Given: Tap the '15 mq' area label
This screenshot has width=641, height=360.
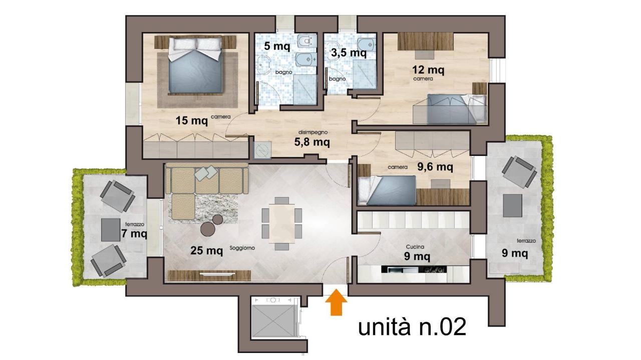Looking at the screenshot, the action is click(192, 120).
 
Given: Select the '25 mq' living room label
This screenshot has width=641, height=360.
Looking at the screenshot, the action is click(207, 250).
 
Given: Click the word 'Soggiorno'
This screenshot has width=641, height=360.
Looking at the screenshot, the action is click(242, 248).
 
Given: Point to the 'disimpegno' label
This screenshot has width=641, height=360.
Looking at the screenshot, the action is click(313, 132).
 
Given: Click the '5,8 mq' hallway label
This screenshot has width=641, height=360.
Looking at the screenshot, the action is click(312, 142).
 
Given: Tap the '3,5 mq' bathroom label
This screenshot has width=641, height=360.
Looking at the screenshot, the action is click(349, 53).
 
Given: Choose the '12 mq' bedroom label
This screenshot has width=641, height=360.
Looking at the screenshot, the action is click(428, 69).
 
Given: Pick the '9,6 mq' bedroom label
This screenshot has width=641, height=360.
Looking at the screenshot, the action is click(435, 166).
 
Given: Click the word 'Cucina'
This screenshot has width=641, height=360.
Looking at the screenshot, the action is click(415, 247).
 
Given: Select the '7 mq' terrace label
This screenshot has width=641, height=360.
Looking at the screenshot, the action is click(134, 233).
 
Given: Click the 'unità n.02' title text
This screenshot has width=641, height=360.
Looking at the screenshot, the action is click(412, 327).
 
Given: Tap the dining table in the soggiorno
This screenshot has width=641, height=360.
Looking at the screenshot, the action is click(282, 223).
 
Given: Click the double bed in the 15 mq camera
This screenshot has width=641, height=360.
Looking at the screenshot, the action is click(196, 65).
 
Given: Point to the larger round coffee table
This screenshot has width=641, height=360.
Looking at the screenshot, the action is click(208, 229).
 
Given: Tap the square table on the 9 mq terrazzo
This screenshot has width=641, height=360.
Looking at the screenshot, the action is click(512, 205).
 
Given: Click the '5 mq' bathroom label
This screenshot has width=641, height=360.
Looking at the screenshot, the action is click(277, 46).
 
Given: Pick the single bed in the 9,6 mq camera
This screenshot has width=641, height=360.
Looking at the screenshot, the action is click(387, 190).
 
